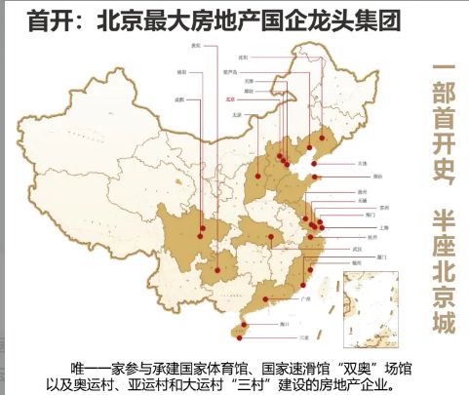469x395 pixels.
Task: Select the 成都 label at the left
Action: point(180,99)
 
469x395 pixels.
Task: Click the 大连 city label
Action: point(363,163)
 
